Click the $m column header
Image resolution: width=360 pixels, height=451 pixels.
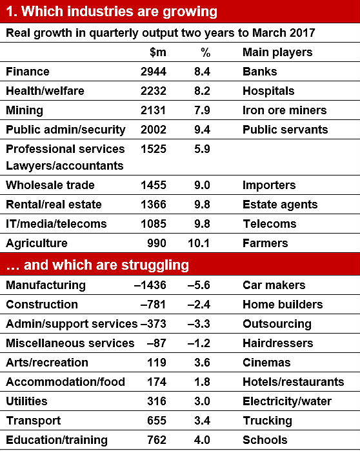click(158, 52)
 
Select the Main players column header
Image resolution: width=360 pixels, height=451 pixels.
click(277, 52)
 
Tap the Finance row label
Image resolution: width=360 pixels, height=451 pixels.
click(28, 72)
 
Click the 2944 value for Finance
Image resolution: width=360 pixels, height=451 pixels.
click(154, 72)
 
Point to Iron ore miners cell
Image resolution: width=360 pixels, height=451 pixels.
click(285, 110)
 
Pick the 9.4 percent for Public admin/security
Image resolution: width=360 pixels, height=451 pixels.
click(202, 130)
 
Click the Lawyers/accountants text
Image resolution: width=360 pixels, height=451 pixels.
click(65, 166)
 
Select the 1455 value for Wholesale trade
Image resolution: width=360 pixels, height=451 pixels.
click(154, 185)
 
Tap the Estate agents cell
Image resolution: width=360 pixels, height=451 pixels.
click(280, 205)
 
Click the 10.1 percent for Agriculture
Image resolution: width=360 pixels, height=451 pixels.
click(199, 243)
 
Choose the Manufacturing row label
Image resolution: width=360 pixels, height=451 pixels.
click(46, 285)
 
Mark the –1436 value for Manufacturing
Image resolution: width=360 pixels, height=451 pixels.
click(150, 285)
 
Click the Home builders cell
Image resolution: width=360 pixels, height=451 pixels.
click(283, 305)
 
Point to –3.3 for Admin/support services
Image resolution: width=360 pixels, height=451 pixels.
click(199, 324)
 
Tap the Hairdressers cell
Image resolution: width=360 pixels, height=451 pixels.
click(278, 343)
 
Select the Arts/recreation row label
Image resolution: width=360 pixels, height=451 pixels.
click(47, 363)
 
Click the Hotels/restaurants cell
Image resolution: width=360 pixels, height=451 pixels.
click(294, 382)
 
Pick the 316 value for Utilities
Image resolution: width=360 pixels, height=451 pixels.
click(157, 401)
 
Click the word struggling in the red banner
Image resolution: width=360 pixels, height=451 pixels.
click(155, 265)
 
